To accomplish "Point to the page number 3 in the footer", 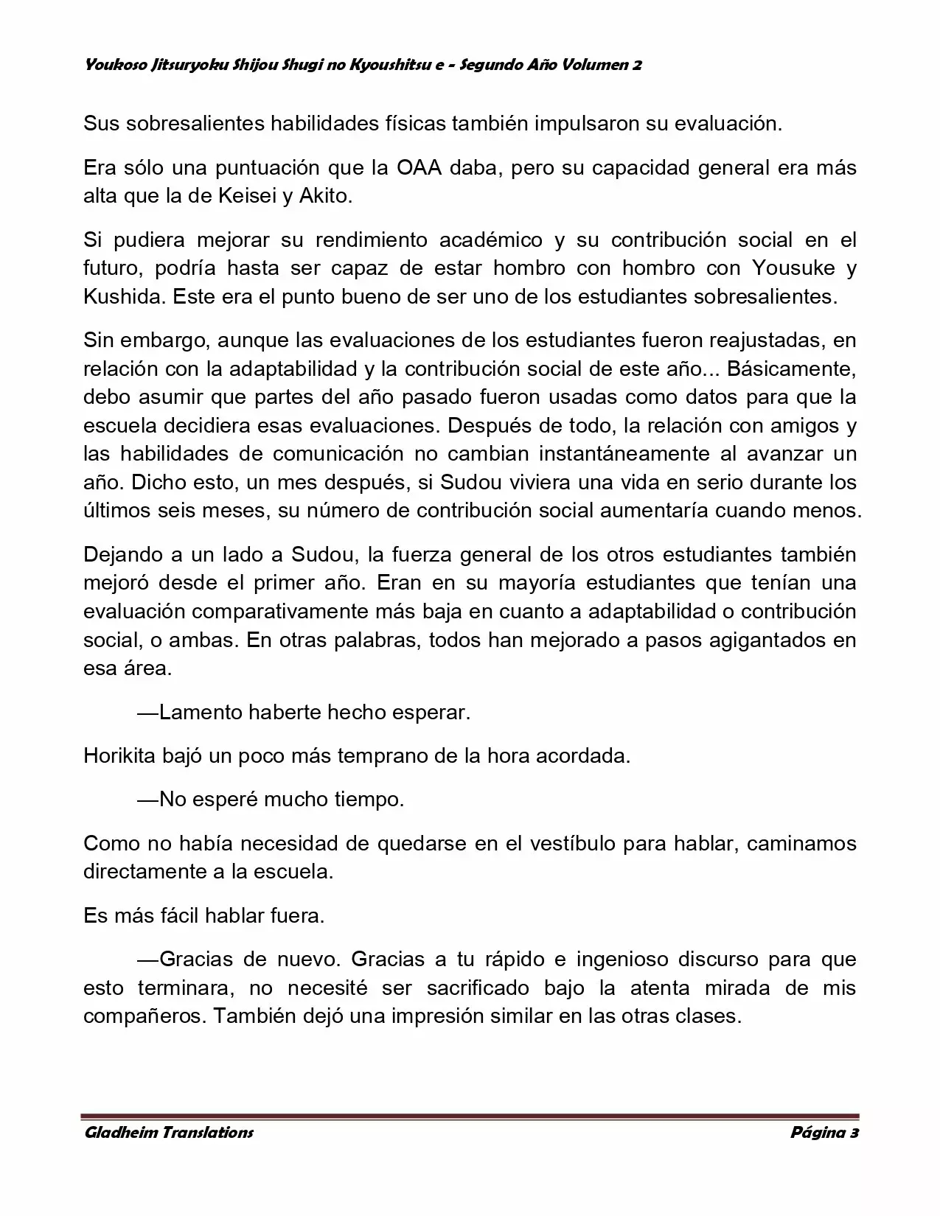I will click(854, 1133).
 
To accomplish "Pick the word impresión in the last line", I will click(442, 1016).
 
